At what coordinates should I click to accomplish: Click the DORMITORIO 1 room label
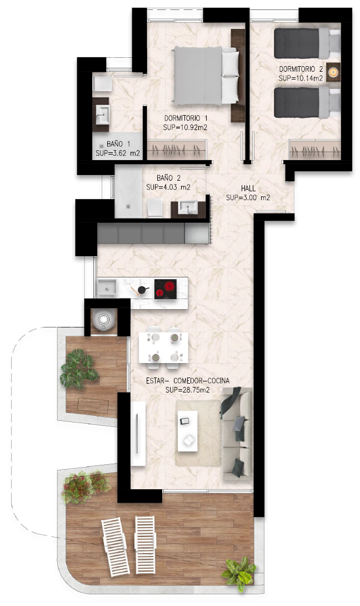tap(186, 118)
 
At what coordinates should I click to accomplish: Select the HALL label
tap(248, 188)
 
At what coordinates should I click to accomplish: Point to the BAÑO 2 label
tap(168, 178)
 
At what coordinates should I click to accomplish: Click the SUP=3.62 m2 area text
tap(118, 153)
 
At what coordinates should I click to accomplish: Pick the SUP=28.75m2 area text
tap(187, 390)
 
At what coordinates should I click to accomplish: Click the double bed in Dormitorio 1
tap(207, 76)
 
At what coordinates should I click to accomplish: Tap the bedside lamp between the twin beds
tap(333, 72)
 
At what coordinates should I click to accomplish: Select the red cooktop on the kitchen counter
tap(166, 289)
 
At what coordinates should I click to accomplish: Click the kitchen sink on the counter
tap(107, 287)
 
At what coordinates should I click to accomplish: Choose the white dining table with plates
tap(163, 347)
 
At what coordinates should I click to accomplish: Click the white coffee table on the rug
tap(187, 431)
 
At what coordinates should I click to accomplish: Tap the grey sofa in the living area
tap(237, 434)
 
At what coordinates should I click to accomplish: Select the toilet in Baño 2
tap(155, 207)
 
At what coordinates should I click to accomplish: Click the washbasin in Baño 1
tap(103, 115)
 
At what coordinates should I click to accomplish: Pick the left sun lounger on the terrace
tap(115, 546)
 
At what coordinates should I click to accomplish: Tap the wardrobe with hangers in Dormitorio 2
tap(315, 150)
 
